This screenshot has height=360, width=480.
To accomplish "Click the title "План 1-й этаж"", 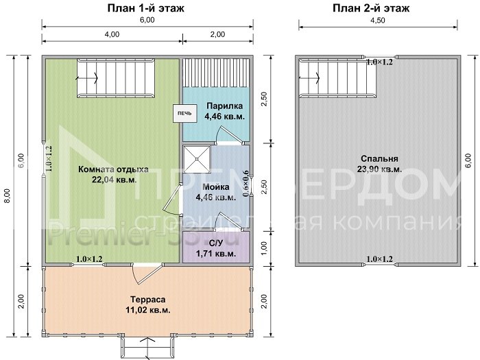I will point(147,8).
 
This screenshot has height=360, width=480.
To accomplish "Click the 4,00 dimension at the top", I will point(112,34).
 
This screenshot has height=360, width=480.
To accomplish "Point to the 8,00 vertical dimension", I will point(7,195).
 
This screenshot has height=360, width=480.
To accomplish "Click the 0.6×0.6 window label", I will point(246,184).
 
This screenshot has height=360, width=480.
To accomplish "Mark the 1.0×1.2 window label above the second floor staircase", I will point(379,62).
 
